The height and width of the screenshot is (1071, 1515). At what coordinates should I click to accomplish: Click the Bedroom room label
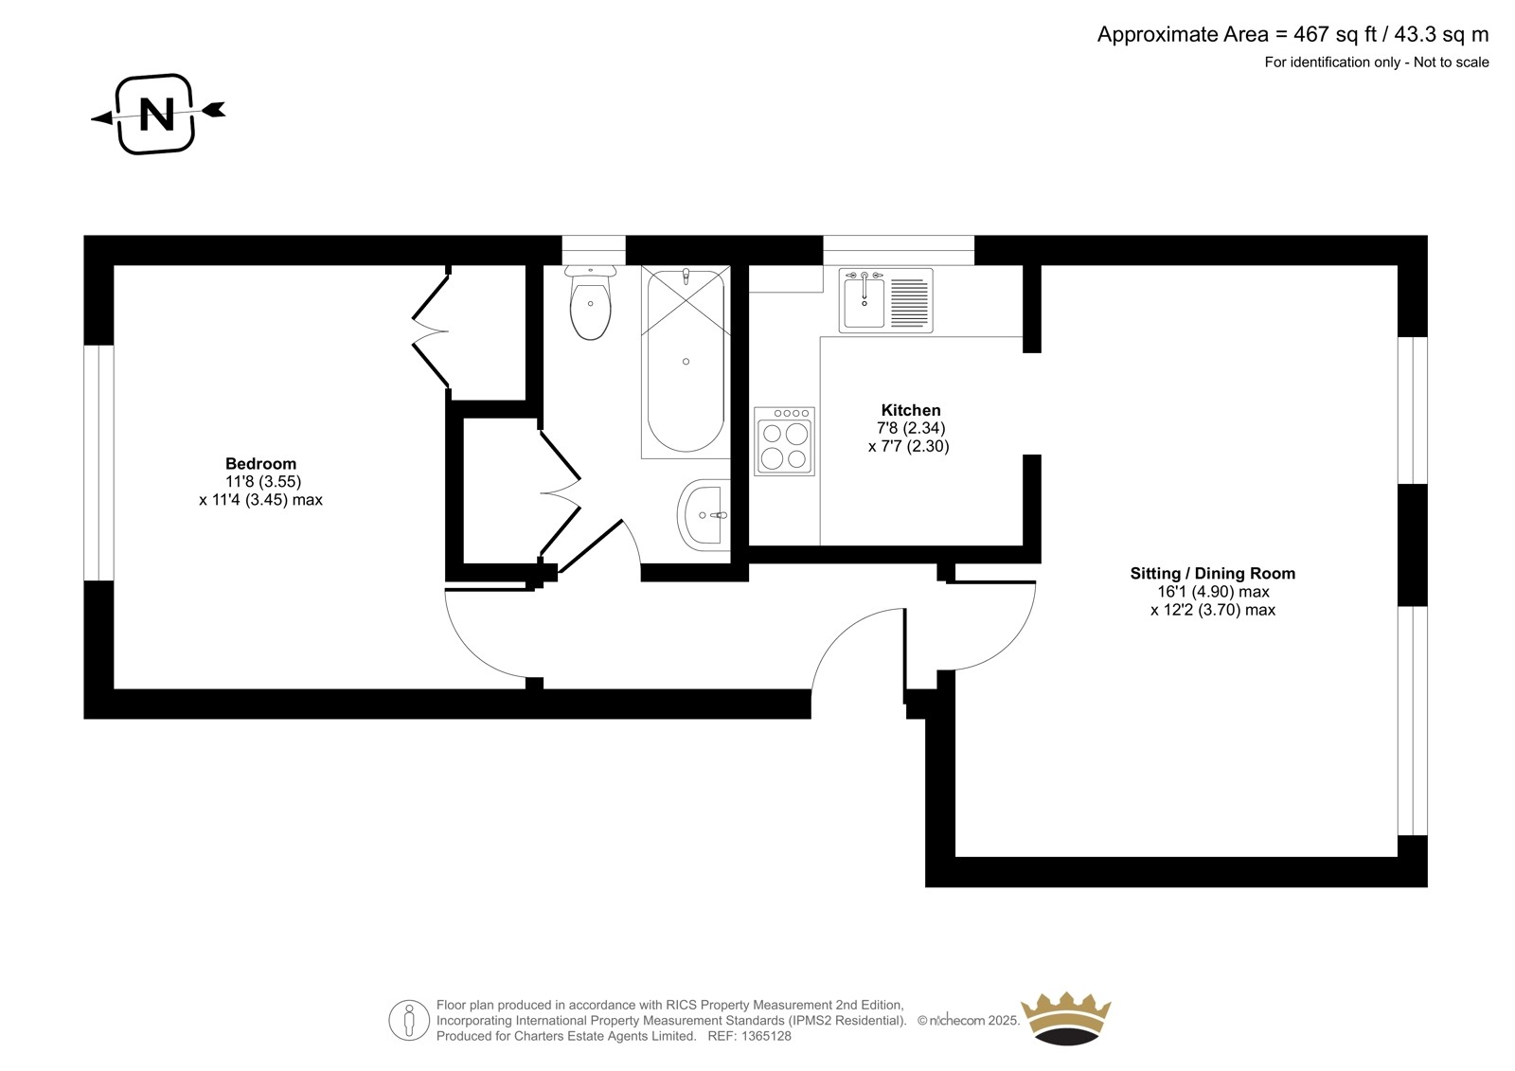[260, 463]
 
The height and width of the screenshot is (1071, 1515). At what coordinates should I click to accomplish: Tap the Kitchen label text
[910, 410]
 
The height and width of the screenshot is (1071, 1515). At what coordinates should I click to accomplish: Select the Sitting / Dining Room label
[1213, 574]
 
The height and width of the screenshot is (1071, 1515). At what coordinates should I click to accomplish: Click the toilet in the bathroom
[591, 302]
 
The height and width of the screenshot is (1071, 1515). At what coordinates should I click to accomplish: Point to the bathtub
[686, 362]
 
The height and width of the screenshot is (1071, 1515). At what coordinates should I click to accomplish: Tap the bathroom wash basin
[704, 515]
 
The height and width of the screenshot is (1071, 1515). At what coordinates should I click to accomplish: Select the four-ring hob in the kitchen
[785, 441]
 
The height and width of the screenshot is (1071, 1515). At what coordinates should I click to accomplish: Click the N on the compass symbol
[157, 114]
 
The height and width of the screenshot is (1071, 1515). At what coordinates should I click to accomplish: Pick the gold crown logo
[1066, 1018]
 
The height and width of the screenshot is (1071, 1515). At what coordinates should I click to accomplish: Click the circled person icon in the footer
[409, 1020]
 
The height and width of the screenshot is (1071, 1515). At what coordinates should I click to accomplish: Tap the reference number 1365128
[766, 1036]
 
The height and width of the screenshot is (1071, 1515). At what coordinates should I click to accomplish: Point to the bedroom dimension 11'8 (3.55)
[263, 482]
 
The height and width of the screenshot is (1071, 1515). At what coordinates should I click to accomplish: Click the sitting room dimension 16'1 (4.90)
[1199, 592]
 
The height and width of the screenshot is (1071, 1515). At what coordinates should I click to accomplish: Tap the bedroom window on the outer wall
[98, 463]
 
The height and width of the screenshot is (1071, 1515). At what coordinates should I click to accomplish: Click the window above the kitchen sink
[899, 250]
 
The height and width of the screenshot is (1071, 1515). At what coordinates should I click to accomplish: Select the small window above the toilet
[594, 250]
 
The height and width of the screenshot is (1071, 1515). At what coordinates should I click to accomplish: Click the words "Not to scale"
[1451, 62]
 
